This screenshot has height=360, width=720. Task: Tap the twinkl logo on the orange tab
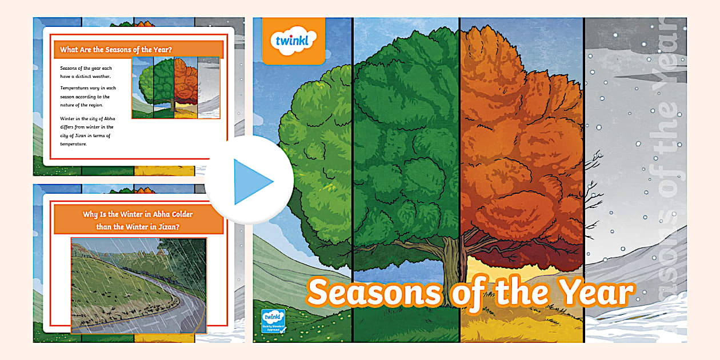pyautogui.click(x=293, y=41)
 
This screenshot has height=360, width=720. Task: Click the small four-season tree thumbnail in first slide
pyautogui.click(x=175, y=87)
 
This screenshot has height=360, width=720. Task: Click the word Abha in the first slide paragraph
pyautogui.click(x=108, y=118)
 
